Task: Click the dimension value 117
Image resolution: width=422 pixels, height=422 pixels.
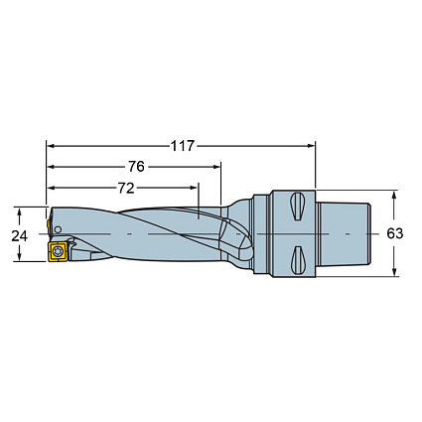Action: click(182, 146)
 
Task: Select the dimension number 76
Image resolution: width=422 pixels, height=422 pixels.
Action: click(136, 166)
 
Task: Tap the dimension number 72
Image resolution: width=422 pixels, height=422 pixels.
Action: click(124, 186)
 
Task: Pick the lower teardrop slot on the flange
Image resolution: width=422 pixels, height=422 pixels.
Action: click(297, 260)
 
